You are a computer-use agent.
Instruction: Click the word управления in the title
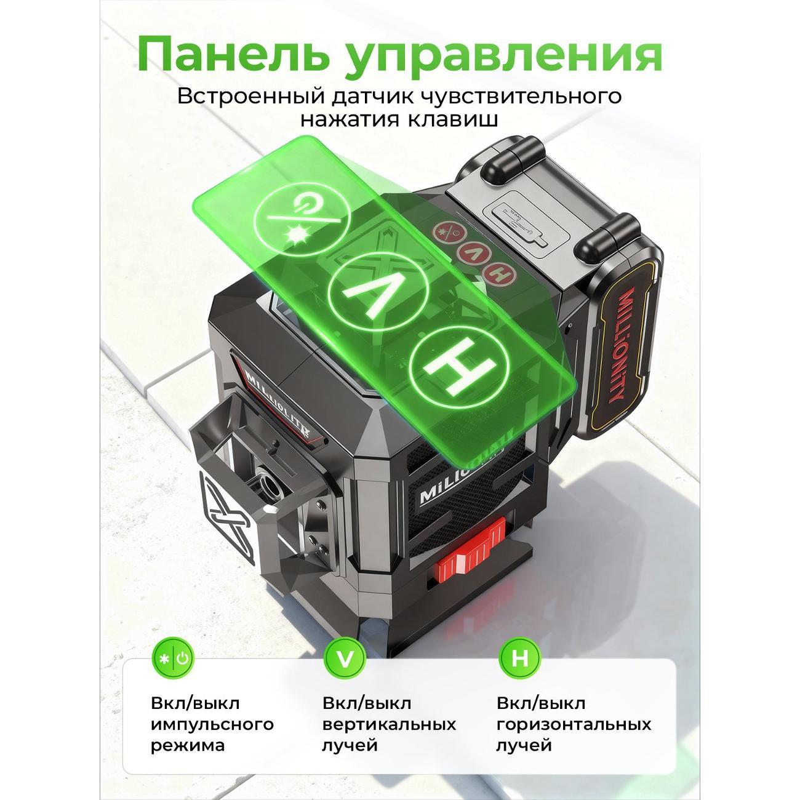503,58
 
